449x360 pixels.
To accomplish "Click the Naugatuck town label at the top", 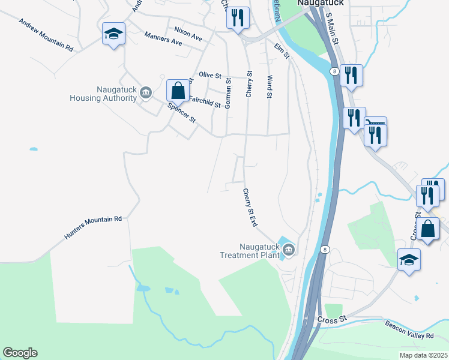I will [x=319, y=3].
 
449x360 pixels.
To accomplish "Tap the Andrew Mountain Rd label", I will [x=46, y=35].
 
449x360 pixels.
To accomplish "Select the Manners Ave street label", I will [x=163, y=39].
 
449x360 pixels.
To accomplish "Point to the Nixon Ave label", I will [x=188, y=32].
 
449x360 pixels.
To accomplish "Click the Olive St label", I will [x=210, y=76].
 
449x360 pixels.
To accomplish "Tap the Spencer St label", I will [x=182, y=113].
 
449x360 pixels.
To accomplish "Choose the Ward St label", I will [x=270, y=86].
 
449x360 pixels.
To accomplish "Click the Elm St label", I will [x=282, y=50].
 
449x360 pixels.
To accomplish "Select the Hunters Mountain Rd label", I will [x=93, y=229].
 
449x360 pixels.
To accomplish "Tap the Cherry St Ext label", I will [x=250, y=208].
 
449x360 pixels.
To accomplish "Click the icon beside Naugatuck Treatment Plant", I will [x=289, y=250].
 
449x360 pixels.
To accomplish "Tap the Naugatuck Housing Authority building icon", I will [x=146, y=92].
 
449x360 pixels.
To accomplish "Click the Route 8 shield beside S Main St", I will [x=333, y=71].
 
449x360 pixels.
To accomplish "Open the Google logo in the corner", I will [x=20, y=353].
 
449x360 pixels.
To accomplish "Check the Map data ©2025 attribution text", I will [x=423, y=355].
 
